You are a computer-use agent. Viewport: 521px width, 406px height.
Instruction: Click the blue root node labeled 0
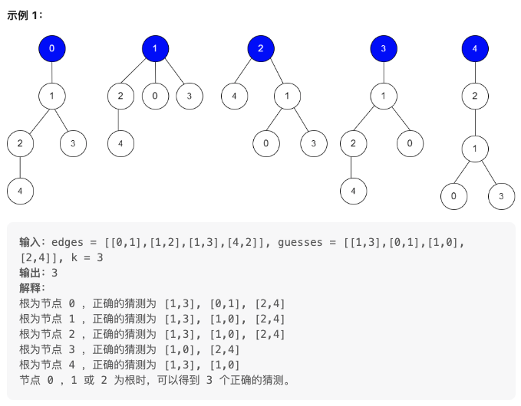coord(52,49)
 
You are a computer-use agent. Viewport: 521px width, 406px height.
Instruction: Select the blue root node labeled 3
coord(383,49)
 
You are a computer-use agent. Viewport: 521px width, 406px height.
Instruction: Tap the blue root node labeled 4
coord(475,49)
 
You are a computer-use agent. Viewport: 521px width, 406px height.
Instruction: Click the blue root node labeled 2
coord(261,49)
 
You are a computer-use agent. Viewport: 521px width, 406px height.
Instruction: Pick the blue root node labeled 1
coord(155,49)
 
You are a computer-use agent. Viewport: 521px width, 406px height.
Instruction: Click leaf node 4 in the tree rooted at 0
coord(20,191)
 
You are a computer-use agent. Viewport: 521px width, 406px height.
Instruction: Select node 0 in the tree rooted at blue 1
coord(155,96)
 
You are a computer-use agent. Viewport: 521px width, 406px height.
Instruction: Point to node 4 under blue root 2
coord(234,96)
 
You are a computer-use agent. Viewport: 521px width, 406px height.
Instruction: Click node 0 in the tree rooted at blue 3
coord(410,142)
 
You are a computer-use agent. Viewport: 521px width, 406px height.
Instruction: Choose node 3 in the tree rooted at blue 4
coord(501,196)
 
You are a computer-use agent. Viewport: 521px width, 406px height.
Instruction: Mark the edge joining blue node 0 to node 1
coord(52,73)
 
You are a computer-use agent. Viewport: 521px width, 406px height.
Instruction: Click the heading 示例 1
coord(25,16)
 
